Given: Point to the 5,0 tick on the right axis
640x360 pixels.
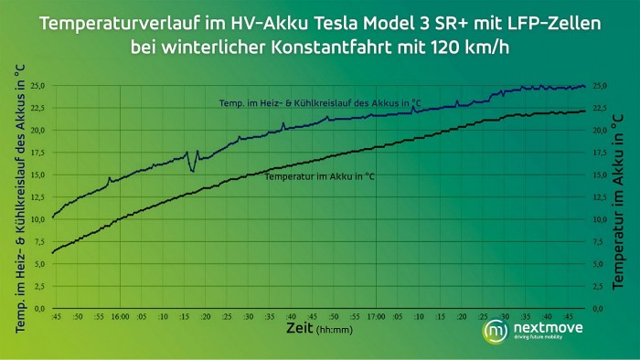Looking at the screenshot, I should click(601, 264).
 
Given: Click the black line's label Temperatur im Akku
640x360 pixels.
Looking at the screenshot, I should click(325, 175).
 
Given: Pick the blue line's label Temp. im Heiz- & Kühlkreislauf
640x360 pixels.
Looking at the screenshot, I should click(320, 103).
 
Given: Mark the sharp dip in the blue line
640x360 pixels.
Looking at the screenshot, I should click(193, 169).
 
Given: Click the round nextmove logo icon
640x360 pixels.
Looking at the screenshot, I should click(496, 330).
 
